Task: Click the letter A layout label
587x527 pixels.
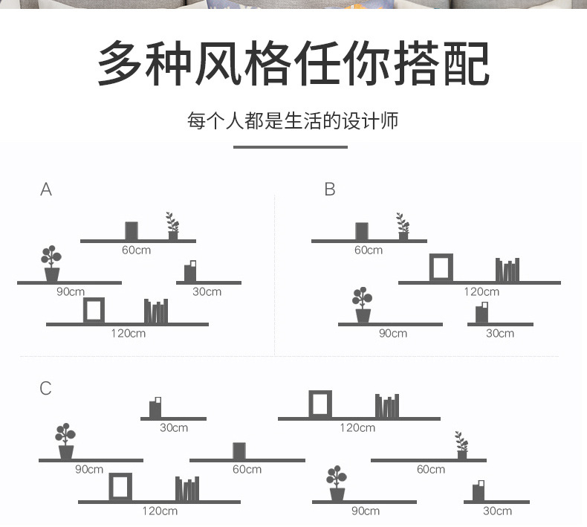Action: click(x=46, y=190)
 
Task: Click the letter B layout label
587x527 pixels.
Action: click(x=330, y=190)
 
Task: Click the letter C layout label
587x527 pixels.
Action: click(x=46, y=388)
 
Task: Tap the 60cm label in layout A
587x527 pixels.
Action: click(x=136, y=250)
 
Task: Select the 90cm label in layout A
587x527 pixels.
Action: click(x=71, y=291)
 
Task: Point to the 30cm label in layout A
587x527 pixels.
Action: click(x=207, y=291)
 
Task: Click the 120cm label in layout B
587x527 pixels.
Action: click(x=481, y=291)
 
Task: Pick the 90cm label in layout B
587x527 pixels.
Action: click(x=392, y=333)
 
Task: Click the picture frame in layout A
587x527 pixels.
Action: click(x=94, y=309)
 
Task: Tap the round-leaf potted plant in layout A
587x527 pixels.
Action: click(x=51, y=264)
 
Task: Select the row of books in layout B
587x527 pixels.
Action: click(x=507, y=270)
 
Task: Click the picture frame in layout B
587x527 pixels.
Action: click(x=441, y=268)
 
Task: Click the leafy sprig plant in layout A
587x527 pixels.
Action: click(x=172, y=225)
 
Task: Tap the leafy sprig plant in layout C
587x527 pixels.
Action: click(x=462, y=444)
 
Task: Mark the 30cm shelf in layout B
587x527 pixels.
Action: click(x=500, y=324)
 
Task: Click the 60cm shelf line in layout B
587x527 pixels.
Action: click(x=369, y=241)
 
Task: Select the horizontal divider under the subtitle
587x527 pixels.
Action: click(x=290, y=147)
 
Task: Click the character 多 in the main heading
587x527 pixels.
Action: click(x=120, y=64)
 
